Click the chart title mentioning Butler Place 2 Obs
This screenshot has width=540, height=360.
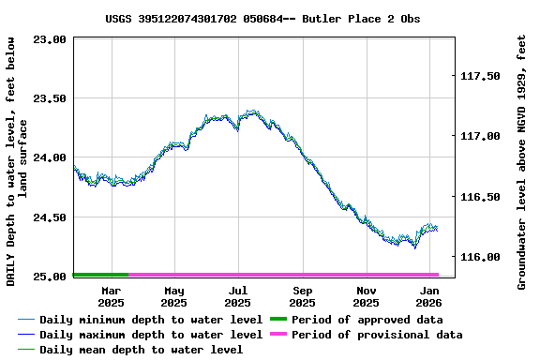[262, 19]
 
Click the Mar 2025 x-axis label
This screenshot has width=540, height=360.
[111, 296]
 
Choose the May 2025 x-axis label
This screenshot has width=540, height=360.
[173, 296]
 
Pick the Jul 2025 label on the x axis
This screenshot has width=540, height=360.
[237, 296]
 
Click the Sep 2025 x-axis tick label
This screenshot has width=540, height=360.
[302, 296]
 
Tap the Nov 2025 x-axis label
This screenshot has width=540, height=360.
[366, 296]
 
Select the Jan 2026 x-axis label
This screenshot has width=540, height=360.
[429, 296]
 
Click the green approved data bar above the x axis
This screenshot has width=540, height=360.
[100, 275]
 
